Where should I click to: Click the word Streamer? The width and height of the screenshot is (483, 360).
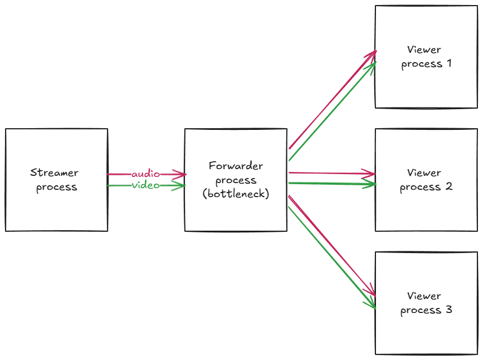pos(54,173)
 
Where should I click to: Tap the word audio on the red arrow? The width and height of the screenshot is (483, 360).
pos(146,174)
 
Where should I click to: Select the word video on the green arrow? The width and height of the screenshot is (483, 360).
pos(146,185)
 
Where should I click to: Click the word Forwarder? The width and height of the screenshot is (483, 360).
pos(236,166)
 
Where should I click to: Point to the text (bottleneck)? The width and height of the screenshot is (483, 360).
pos(236,195)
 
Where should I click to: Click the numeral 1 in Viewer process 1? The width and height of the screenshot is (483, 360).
pos(448,63)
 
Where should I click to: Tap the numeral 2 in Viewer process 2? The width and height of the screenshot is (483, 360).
pos(448,187)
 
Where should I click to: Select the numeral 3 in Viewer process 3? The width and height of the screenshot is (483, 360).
pos(448,310)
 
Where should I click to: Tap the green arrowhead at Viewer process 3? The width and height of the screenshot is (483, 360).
pos(371,305)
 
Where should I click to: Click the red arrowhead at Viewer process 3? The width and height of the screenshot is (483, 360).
pos(372,293)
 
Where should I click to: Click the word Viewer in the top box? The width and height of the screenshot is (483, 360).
pos(424,50)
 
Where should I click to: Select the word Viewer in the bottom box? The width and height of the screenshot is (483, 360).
pos(424,296)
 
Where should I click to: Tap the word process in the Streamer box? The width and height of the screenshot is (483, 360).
pos(57,188)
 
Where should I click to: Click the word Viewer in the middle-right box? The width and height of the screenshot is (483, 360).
pos(424,173)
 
